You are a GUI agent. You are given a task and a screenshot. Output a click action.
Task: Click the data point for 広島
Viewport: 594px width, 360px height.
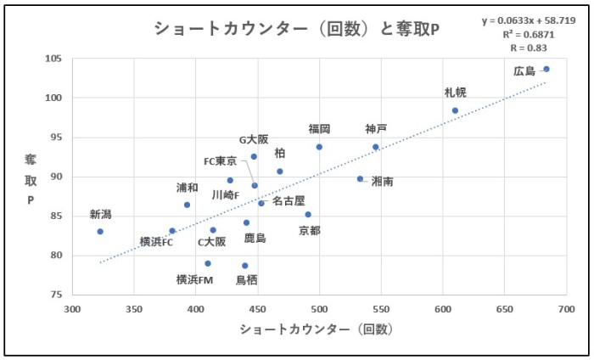coord(546,69)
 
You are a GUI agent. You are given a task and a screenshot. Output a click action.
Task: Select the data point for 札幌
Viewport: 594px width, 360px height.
coord(455,110)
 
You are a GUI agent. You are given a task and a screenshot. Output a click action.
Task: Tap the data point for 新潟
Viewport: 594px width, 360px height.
coord(100,231)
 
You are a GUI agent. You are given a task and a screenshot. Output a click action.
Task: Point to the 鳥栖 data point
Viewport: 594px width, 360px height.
coord(245,266)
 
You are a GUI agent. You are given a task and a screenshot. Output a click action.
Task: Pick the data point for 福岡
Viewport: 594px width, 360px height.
coord(319,147)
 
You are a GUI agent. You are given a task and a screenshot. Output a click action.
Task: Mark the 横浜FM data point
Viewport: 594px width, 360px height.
coord(208,263)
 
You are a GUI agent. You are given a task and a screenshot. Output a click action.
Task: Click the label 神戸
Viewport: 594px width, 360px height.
coord(376,129)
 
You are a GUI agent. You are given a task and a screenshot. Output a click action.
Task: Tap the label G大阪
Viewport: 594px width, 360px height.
coord(253,139)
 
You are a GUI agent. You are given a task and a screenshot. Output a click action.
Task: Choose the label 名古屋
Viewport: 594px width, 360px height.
coord(289,201)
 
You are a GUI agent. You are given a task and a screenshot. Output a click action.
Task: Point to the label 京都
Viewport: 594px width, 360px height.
coord(311,229)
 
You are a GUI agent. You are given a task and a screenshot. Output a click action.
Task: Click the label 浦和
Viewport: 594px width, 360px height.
coord(188,188)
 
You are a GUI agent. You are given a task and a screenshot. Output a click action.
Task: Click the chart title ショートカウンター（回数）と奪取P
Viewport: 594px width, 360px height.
coord(296,29)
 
